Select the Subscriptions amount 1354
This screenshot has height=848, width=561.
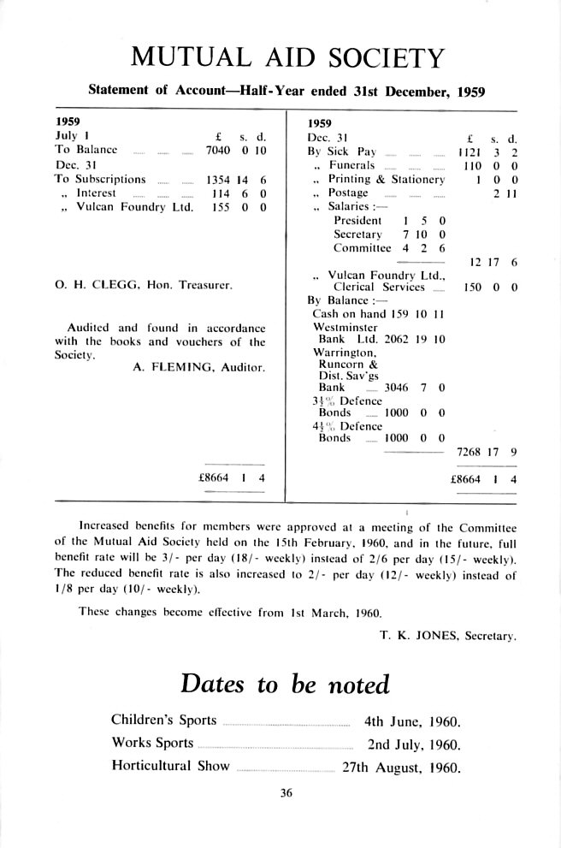click(x=218, y=180)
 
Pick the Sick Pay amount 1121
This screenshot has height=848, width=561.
click(x=471, y=151)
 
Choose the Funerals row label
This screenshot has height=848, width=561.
click(x=351, y=165)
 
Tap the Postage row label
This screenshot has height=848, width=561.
click(x=348, y=193)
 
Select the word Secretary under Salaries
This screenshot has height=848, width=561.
click(x=359, y=234)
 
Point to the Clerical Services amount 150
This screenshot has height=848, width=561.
click(x=471, y=288)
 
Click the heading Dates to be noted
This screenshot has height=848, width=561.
click(x=285, y=685)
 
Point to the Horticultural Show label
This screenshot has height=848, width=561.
click(x=170, y=766)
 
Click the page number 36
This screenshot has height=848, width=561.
click(x=286, y=793)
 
